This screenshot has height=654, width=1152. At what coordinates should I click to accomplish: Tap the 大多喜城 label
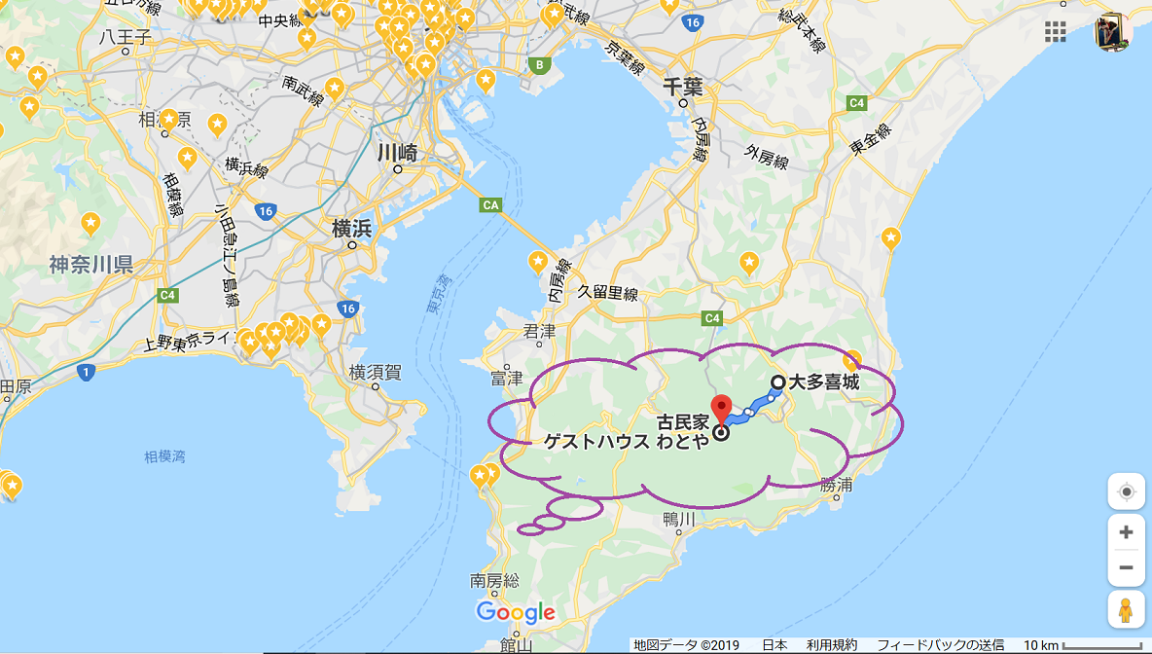[824, 382]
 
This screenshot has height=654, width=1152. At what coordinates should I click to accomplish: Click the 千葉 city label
[682, 86]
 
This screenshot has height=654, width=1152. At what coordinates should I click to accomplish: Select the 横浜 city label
[351, 230]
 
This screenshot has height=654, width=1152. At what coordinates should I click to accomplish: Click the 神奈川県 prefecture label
[91, 265]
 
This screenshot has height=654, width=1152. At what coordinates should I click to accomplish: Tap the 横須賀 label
[376, 371]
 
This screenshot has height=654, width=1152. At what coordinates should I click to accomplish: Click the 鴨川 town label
[679, 519]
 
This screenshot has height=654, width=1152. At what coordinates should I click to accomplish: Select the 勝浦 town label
[836, 484]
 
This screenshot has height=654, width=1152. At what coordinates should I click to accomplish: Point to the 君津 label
[539, 331]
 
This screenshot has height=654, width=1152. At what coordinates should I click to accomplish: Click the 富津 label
[507, 377]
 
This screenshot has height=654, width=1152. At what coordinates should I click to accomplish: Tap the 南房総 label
[494, 580]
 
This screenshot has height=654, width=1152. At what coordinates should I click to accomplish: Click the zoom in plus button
[1126, 532]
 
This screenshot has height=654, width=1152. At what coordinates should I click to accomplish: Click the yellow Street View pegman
[1126, 609]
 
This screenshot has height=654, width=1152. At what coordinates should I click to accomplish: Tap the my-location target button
[1126, 491]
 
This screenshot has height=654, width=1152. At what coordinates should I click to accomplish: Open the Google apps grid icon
[1056, 31]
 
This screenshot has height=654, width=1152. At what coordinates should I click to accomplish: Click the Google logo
[516, 612]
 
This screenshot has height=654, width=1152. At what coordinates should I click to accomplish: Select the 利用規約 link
[832, 645]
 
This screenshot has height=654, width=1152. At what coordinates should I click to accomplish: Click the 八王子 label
[126, 38]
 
